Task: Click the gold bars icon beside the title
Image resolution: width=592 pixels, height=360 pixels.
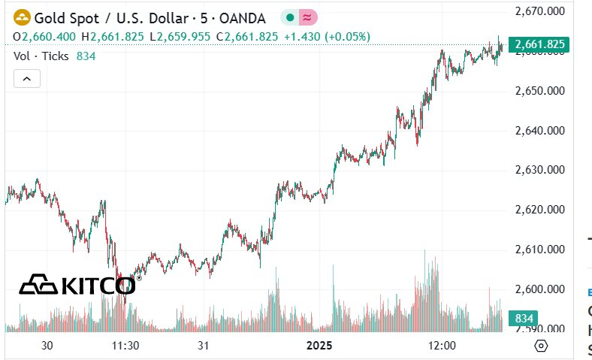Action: pos(22,17)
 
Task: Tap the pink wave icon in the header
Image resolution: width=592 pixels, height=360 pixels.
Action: pos(307,17)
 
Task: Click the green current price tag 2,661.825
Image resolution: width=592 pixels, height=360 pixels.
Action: pos(539,45)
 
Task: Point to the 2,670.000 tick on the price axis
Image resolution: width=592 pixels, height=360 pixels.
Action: pos(539,11)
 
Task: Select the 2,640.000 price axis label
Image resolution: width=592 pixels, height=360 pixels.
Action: pos(539,131)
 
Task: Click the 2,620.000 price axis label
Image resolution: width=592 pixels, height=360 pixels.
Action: pos(539,210)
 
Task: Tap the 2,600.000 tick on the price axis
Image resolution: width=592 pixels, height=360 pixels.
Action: pos(539,289)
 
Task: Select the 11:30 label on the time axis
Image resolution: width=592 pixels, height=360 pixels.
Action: pos(125,346)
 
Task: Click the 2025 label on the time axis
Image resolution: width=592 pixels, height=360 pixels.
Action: pos(321,346)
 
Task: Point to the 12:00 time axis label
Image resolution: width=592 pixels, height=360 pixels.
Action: pos(442,346)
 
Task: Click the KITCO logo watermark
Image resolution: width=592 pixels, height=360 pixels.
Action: pos(77,284)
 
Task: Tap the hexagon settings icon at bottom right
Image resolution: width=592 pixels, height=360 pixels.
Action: pos(541,346)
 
